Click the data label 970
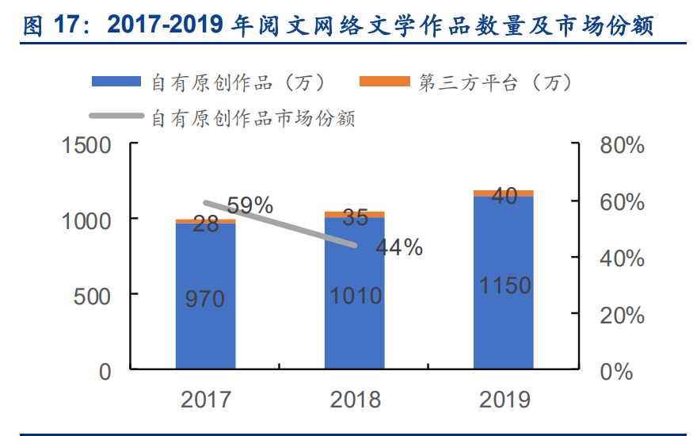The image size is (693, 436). (205, 299)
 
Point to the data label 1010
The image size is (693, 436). (355, 296)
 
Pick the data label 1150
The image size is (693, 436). (505, 285)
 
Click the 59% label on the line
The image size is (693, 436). (249, 205)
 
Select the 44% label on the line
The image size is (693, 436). (398, 247)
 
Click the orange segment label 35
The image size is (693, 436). (355, 216)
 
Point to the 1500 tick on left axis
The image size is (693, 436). (88, 146)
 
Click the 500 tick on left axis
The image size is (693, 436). (96, 296)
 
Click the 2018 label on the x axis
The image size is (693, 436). (355, 399)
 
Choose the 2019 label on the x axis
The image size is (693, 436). (505, 399)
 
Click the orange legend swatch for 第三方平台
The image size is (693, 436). (385, 82)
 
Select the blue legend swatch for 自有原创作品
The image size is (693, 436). (116, 82)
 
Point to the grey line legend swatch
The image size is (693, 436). (116, 117)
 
